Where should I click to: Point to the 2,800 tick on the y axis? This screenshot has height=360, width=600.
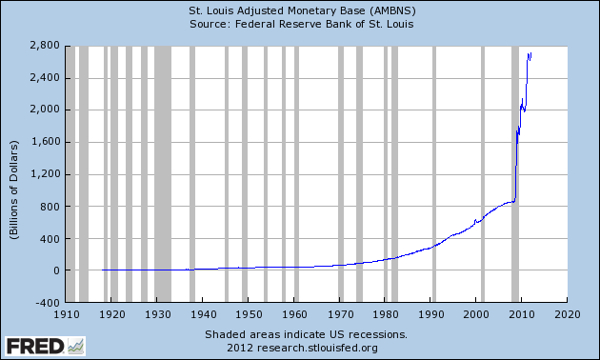coord(43,46)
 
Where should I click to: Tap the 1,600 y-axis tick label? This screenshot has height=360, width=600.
coord(43,142)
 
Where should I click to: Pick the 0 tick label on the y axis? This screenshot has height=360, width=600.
coord(55,270)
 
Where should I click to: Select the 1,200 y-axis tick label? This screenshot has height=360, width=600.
coord(43,174)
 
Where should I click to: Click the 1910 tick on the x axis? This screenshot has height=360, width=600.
coord(67,313)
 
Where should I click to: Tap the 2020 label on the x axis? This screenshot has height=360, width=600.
coord(567,313)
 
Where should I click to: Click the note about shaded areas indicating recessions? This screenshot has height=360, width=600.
coord(306,334)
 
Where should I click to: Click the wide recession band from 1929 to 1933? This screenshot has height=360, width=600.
coord(163,171)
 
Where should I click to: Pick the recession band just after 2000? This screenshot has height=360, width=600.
coord(482,171)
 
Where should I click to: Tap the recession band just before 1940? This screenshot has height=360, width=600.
coord(192,171)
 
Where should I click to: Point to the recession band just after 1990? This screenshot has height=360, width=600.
coord(434,171)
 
